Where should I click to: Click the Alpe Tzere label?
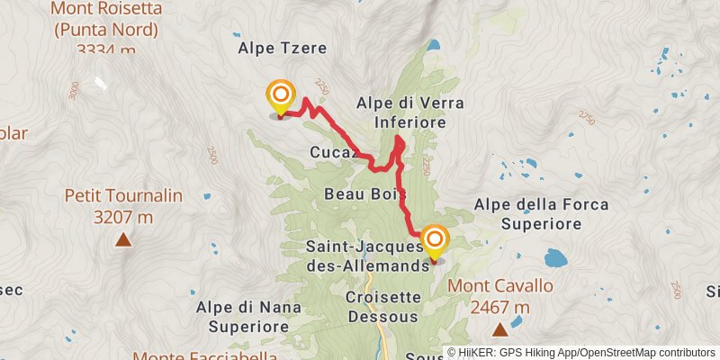coord(283,48)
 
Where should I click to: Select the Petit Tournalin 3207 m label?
coord(123,206)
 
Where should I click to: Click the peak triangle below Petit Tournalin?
coord(123,239)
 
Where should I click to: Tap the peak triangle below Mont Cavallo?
coord(499,330)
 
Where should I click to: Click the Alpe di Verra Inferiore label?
coord(401,112)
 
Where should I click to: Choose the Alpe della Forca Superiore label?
coord(543,213)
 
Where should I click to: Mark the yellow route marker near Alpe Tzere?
coord(281,95)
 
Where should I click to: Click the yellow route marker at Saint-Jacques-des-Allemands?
coord(436,239)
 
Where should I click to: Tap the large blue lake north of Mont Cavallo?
coord(554,260)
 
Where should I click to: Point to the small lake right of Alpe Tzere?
coord(434,44)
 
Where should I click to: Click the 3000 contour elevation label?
coord(74,91)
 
